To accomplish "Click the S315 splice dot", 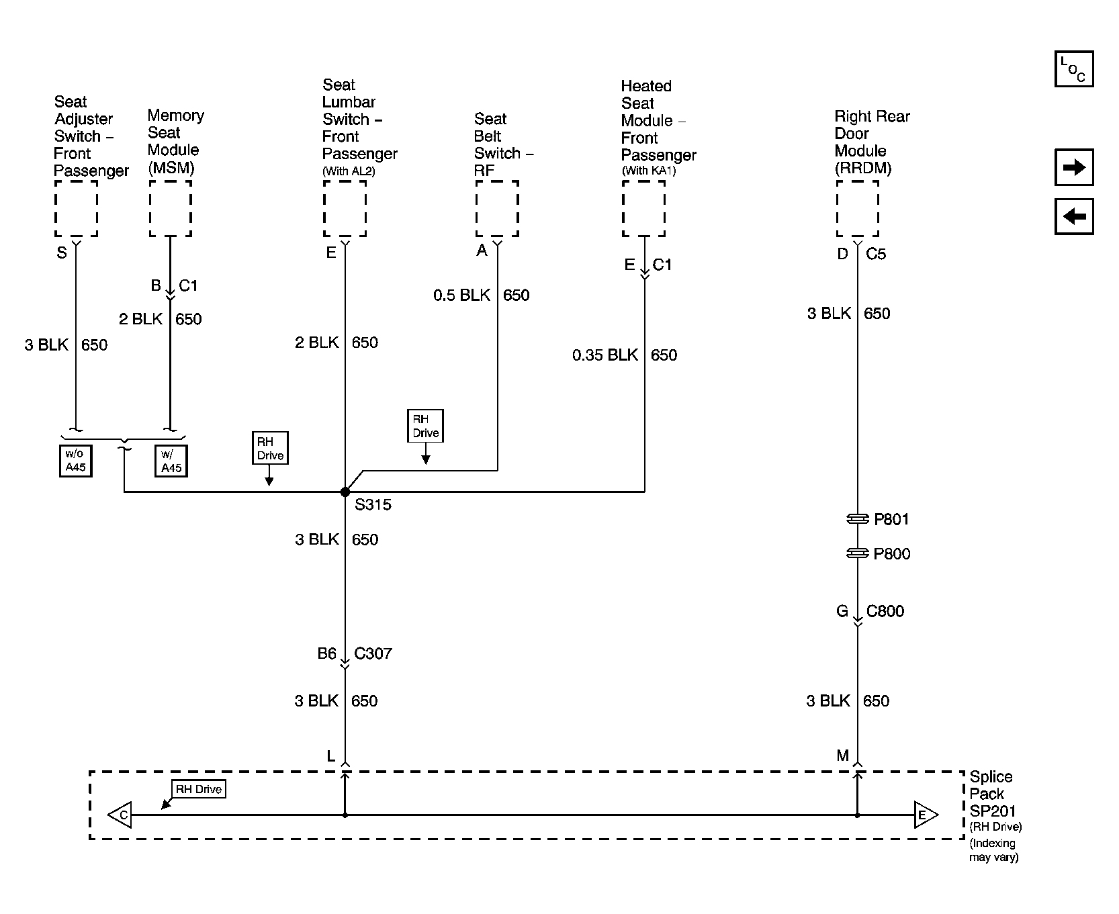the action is point(345,492).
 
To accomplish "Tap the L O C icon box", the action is point(1074,68).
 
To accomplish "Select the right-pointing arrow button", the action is point(1074,167).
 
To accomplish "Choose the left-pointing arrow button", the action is point(1074,216).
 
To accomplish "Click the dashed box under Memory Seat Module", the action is point(171,208).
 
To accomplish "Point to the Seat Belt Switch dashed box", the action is point(497,208).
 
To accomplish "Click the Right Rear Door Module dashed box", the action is point(858,208).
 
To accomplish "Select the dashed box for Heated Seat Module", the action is point(643,208).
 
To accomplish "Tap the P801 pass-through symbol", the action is point(858,519).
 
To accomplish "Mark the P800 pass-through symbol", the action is point(858,553).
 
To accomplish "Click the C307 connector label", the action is point(373,653).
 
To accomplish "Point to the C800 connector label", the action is point(885,611).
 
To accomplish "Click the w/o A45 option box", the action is point(75,461).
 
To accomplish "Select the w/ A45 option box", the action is point(171,461).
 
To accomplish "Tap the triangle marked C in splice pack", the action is point(120,815).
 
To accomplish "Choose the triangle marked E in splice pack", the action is point(926,815).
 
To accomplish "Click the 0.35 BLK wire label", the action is point(605,355).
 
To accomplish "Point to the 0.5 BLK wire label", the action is point(462,295).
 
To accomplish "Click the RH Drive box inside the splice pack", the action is point(199,789).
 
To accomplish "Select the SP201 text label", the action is point(993,811).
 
